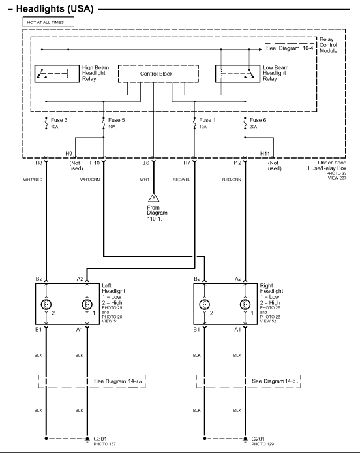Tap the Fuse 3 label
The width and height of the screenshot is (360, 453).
tap(59, 120)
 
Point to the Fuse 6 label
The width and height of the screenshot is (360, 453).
tap(258, 120)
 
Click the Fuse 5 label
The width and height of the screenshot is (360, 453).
tap(116, 120)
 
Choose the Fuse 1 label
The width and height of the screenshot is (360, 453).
tap(207, 120)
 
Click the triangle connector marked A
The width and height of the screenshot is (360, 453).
tap(153, 198)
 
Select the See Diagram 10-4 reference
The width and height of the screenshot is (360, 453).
tap(290, 48)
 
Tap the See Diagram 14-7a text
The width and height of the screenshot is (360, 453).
tap(118, 381)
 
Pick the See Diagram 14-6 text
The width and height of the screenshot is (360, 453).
tap(274, 381)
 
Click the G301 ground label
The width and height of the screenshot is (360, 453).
tap(100, 439)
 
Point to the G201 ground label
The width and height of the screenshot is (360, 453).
tap(258, 439)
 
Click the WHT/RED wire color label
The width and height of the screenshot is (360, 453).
tap(33, 180)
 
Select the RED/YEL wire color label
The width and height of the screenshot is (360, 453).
tap(181, 180)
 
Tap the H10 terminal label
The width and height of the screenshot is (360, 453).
tap(95, 163)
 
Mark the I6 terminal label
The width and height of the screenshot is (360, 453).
tap(146, 163)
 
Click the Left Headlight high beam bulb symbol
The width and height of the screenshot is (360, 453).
tap(46, 304)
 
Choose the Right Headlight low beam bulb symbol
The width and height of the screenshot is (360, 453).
tap(245, 304)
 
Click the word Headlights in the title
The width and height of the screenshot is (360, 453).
tap(41, 9)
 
